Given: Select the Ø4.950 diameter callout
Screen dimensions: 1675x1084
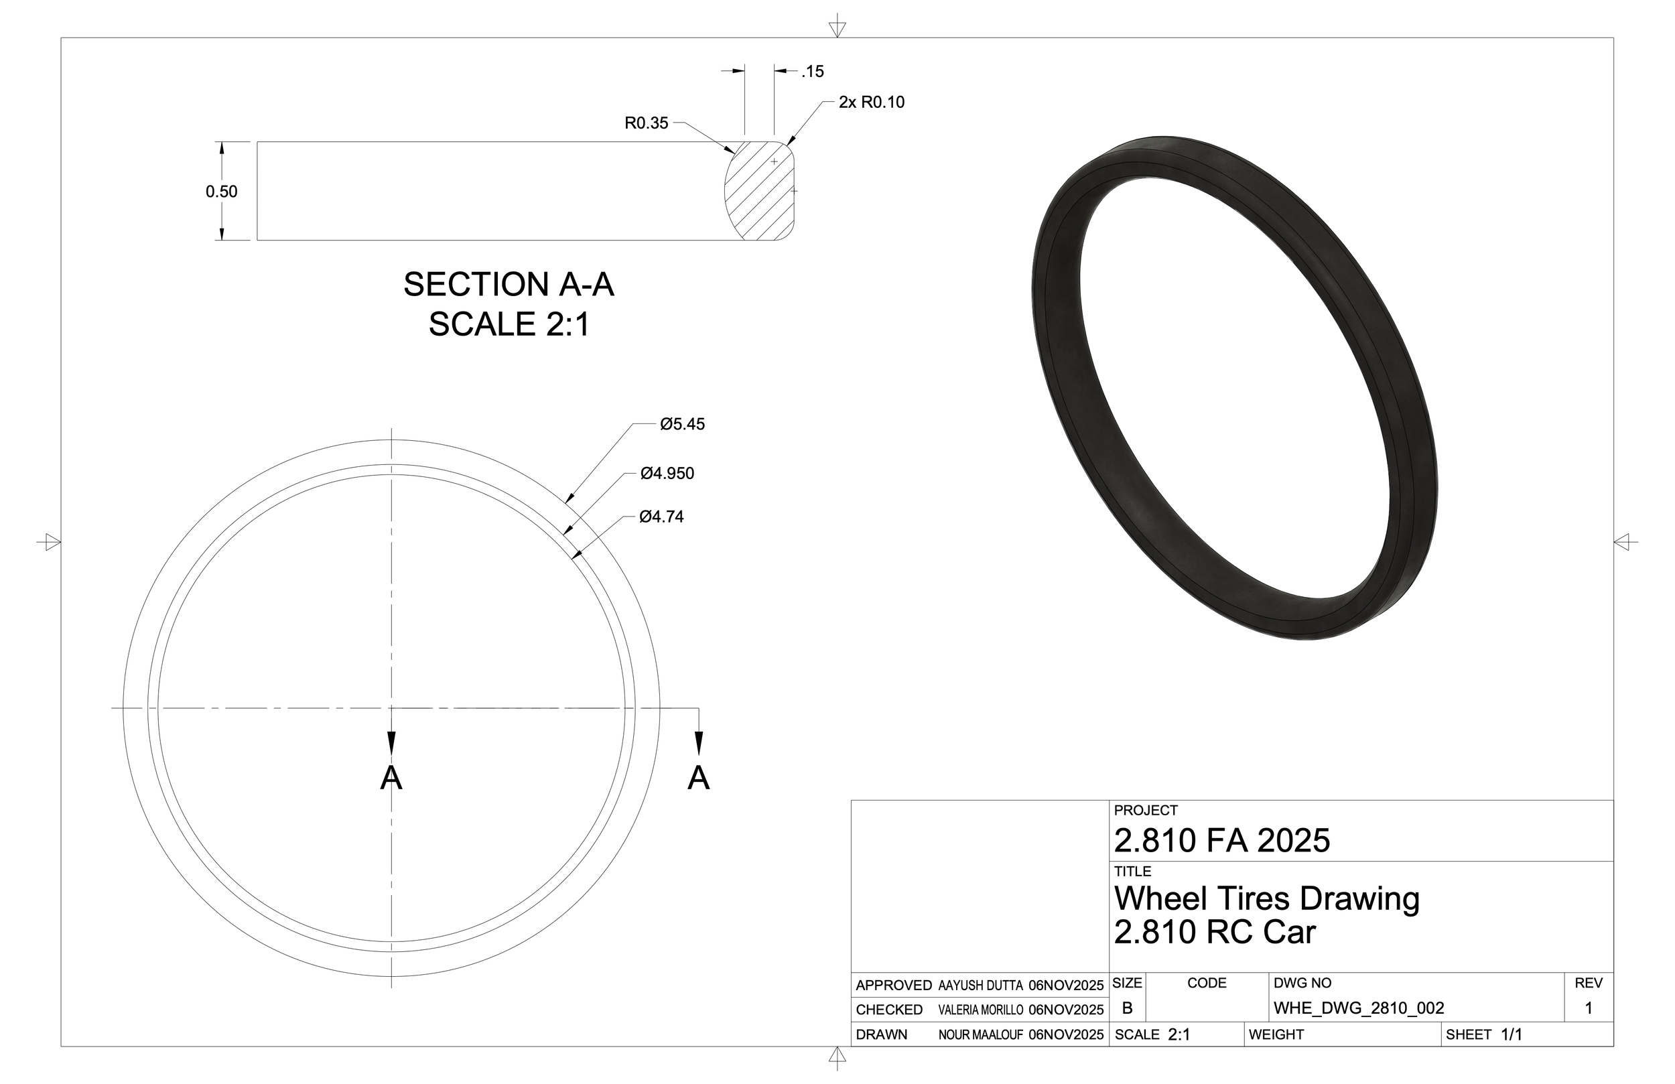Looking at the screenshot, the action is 667,474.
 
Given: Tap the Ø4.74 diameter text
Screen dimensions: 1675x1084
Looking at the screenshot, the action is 661,517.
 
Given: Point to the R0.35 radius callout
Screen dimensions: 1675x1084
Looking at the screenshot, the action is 646,123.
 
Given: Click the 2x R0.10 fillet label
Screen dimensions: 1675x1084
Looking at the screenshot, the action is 871,102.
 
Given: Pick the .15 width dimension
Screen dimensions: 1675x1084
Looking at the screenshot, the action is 812,71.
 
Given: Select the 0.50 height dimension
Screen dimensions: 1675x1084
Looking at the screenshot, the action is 221,192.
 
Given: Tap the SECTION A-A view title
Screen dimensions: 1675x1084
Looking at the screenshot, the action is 508,284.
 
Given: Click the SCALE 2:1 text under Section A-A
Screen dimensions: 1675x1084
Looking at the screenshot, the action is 508,324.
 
